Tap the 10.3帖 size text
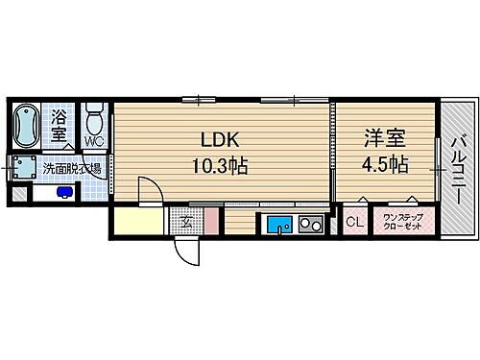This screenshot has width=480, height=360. [220, 164]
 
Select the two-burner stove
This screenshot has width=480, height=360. [310, 227]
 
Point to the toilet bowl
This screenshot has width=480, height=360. [94, 122]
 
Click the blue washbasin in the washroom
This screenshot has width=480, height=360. [63, 190]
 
